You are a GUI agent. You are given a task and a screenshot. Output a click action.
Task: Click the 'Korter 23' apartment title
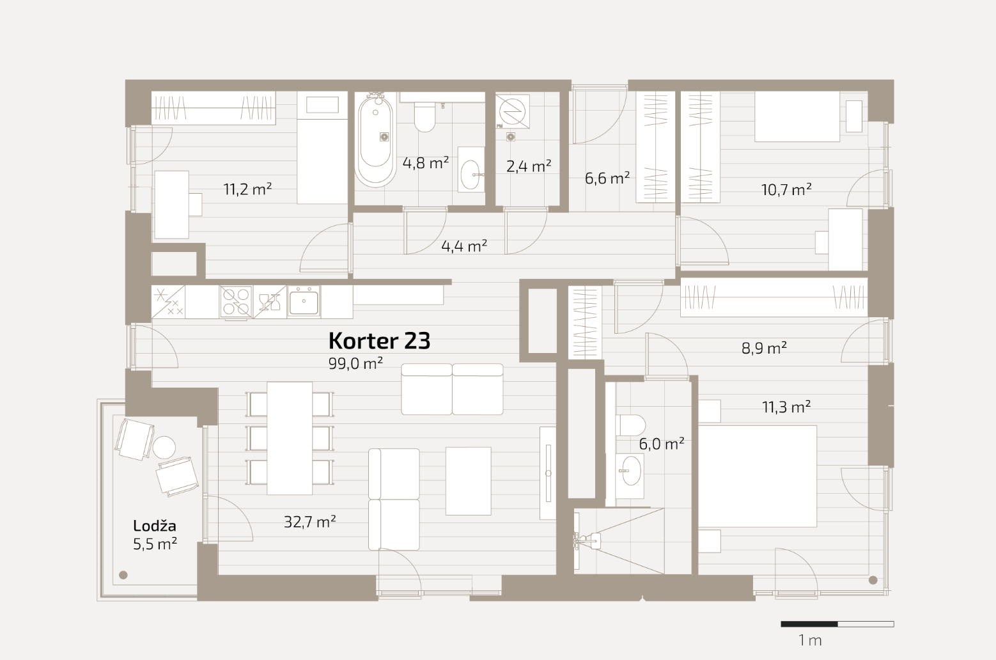pyautogui.click(x=379, y=341)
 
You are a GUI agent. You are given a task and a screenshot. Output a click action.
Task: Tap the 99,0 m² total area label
pyautogui.click(x=355, y=363)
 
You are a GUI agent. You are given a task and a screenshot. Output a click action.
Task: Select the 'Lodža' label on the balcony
pyautogui.click(x=154, y=526)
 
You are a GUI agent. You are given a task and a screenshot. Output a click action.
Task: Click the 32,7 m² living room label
pyautogui.click(x=310, y=522)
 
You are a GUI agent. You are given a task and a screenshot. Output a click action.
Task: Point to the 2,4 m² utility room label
pyautogui.click(x=529, y=166)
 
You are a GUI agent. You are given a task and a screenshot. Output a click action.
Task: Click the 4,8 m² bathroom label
pyautogui.click(x=426, y=163)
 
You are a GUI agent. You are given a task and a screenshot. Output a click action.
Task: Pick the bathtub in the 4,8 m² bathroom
pyautogui.click(x=376, y=139)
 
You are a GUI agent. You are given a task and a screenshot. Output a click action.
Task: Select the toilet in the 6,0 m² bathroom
pyautogui.click(x=630, y=425)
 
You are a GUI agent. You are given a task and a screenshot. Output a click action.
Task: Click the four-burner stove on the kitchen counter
pyautogui.click(x=236, y=302)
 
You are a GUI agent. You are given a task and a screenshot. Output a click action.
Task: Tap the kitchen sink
pyautogui.click(x=304, y=301)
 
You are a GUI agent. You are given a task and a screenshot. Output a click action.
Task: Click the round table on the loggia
pyautogui.click(x=164, y=448)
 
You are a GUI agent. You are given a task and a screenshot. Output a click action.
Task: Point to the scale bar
pyautogui.click(x=837, y=624)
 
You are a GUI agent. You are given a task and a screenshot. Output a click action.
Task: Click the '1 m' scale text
pyautogui.click(x=810, y=640)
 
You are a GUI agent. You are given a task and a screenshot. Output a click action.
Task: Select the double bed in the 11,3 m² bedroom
pyautogui.click(x=757, y=476)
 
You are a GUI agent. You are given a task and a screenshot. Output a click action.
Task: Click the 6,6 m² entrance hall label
pyautogui.click(x=607, y=178)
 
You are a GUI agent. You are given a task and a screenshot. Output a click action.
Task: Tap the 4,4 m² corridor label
pyautogui.click(x=464, y=246)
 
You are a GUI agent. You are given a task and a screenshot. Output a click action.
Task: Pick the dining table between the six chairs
pyautogui.click(x=290, y=438)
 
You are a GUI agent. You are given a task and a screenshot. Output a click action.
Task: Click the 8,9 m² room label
pyautogui.click(x=764, y=348)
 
